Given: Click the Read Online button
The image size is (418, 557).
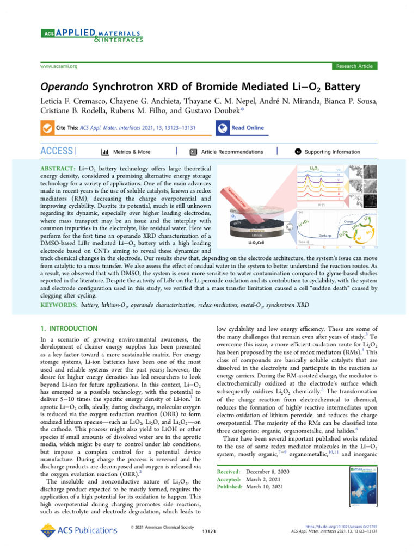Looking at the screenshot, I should pyautogui.click(x=240, y=128).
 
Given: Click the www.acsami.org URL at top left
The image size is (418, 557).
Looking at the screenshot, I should pyautogui.click(x=59, y=66).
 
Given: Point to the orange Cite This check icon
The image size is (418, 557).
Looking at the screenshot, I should pyautogui.click(x=47, y=128).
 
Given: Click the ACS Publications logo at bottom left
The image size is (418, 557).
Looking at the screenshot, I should pyautogui.click(x=79, y=530).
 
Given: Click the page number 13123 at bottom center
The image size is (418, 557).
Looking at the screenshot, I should pyautogui.click(x=209, y=530).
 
